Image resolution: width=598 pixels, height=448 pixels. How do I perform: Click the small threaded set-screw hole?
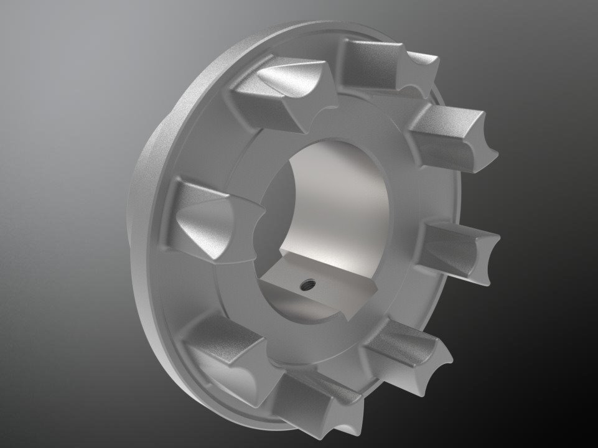306,286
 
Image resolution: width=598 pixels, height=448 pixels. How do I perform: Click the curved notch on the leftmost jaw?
252,218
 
